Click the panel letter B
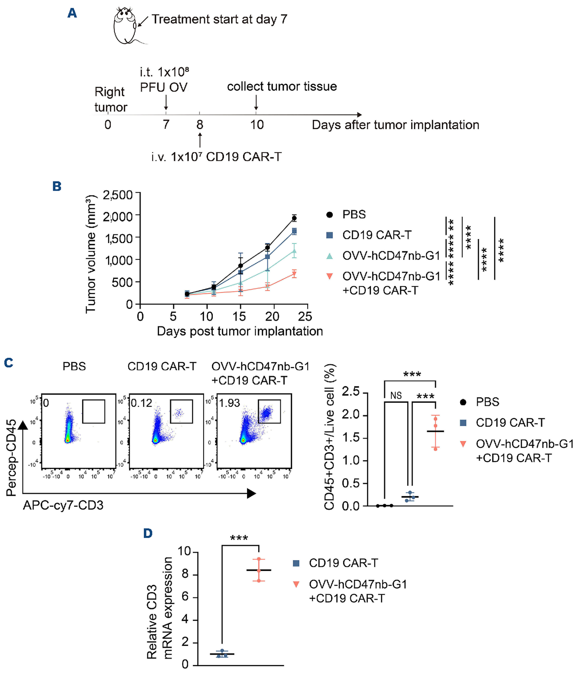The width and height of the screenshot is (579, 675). pyautogui.click(x=57, y=186)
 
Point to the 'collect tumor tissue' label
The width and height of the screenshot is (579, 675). pyautogui.click(x=282, y=86)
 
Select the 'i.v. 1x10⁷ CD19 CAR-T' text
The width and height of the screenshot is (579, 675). pyautogui.click(x=216, y=157)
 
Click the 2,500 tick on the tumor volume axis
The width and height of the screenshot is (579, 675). pyautogui.click(x=118, y=195)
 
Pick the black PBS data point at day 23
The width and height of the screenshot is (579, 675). pyautogui.click(x=294, y=218)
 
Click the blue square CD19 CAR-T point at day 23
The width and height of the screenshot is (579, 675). pyautogui.click(x=294, y=231)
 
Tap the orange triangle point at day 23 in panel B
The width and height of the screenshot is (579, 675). pyautogui.click(x=294, y=274)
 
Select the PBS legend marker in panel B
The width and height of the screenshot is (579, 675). pyautogui.click(x=329, y=214)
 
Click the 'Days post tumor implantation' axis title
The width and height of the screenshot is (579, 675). pyautogui.click(x=240, y=331)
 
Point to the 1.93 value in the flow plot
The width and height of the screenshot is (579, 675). pyautogui.click(x=229, y=403)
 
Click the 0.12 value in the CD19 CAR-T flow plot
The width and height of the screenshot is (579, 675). pyautogui.click(x=141, y=403)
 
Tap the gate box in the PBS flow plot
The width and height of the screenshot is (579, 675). pyautogui.click(x=93, y=411)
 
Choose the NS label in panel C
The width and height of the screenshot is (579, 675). pyautogui.click(x=396, y=396)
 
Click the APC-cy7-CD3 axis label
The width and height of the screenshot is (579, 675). pyautogui.click(x=63, y=505)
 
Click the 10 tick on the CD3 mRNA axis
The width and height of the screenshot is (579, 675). pyautogui.click(x=184, y=551)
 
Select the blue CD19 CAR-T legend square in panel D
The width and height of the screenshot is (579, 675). pyautogui.click(x=296, y=563)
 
